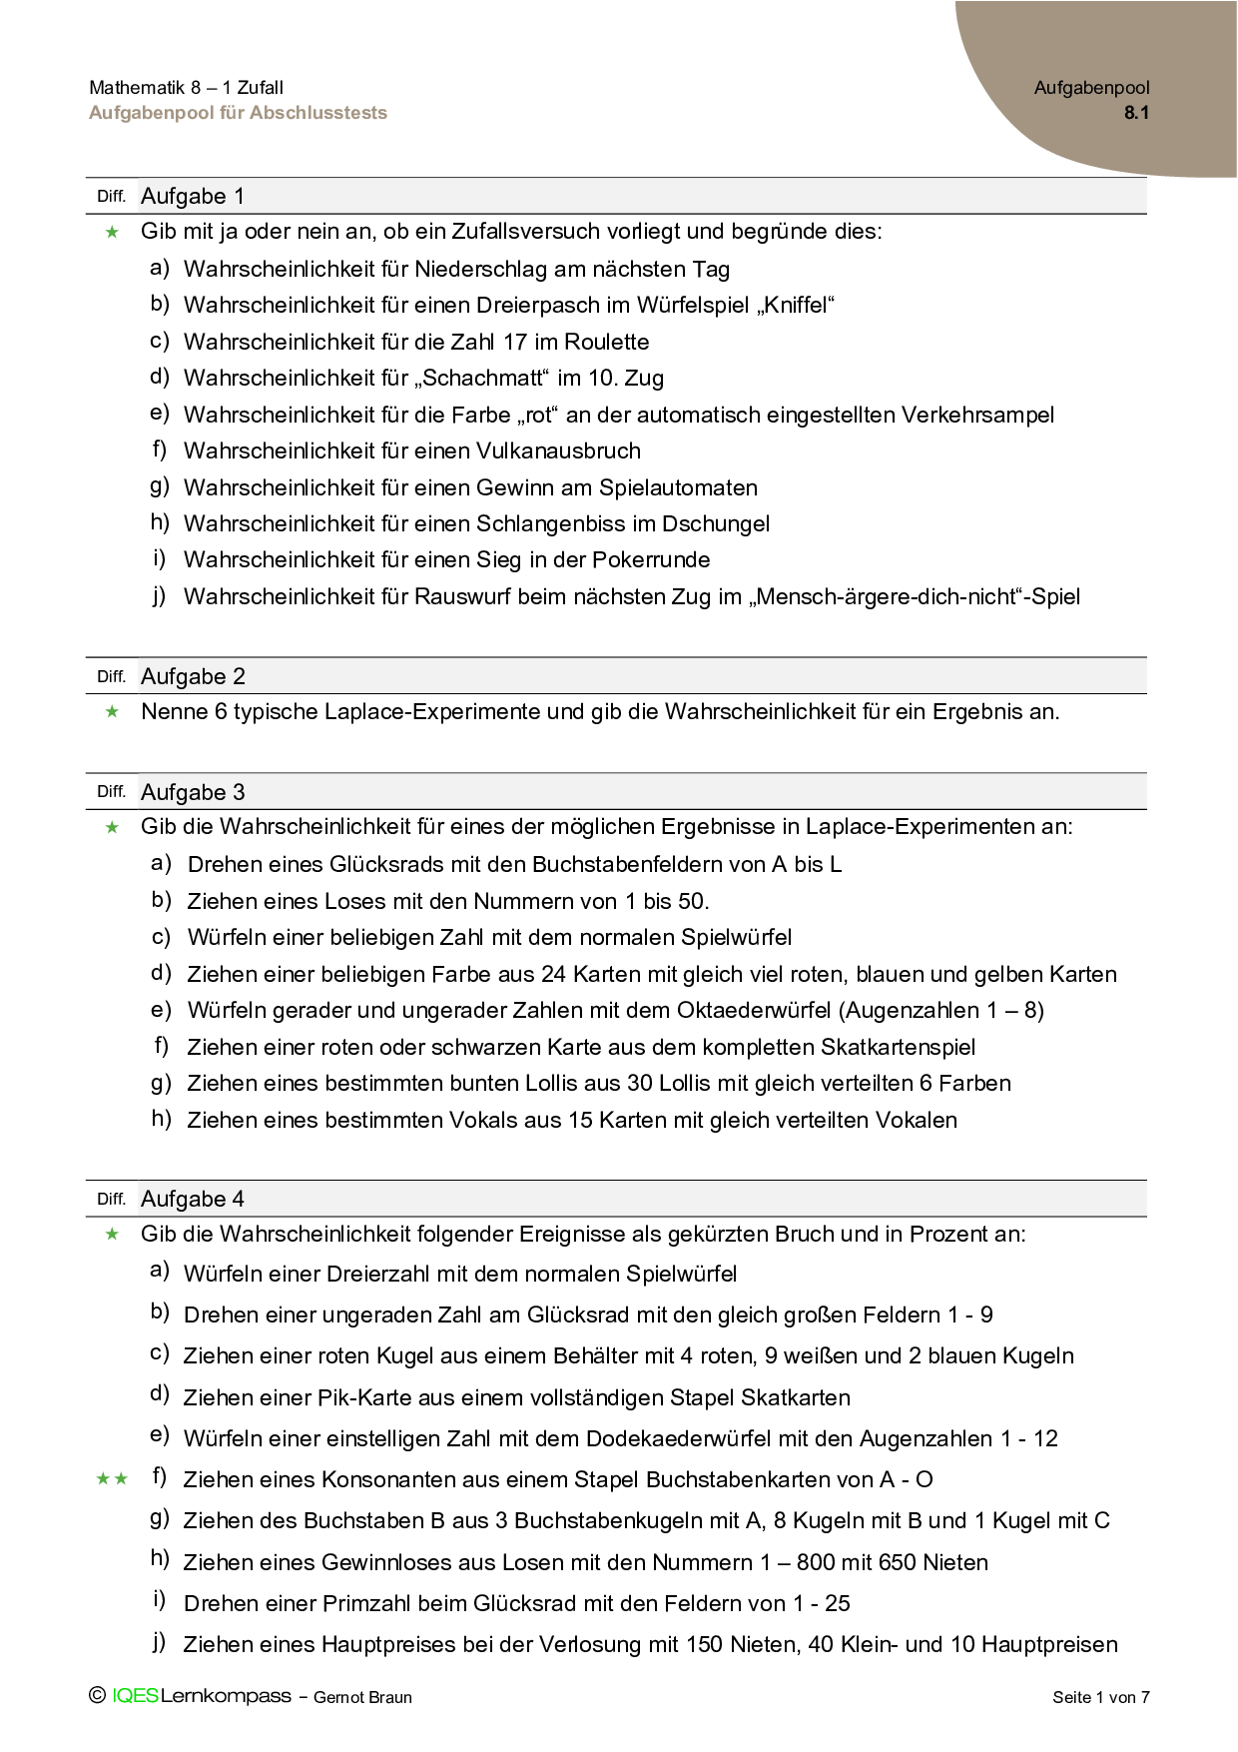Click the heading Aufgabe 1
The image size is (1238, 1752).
tap(193, 196)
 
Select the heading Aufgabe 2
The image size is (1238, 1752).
tap(193, 676)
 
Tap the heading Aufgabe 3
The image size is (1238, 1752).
tap(193, 792)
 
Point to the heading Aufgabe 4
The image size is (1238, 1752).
tap(193, 1199)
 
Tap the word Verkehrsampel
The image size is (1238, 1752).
tap(977, 415)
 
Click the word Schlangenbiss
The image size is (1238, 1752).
tap(552, 523)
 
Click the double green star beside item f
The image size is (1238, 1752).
tap(112, 1479)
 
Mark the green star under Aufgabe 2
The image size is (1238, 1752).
tap(112, 711)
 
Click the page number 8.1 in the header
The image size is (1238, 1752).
tap(1136, 113)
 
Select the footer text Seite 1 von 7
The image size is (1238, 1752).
tap(1100, 1697)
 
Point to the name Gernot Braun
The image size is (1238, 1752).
tap(362, 1697)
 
